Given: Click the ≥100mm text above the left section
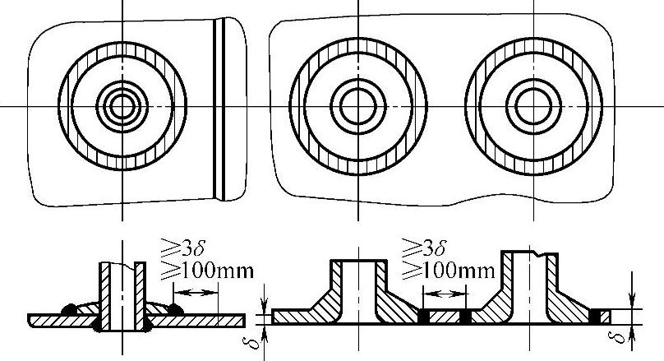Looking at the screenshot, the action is [x=207, y=271].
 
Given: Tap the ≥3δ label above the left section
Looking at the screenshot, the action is [x=182, y=248].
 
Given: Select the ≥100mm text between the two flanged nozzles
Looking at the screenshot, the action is [x=448, y=271].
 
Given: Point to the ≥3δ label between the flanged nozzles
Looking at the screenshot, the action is [x=423, y=248].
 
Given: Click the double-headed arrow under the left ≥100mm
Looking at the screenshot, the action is [x=196, y=293].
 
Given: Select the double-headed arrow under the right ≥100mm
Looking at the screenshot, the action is [x=445, y=294].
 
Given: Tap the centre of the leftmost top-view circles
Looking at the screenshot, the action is [x=122, y=106].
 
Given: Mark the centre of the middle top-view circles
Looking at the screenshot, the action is [x=358, y=106].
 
